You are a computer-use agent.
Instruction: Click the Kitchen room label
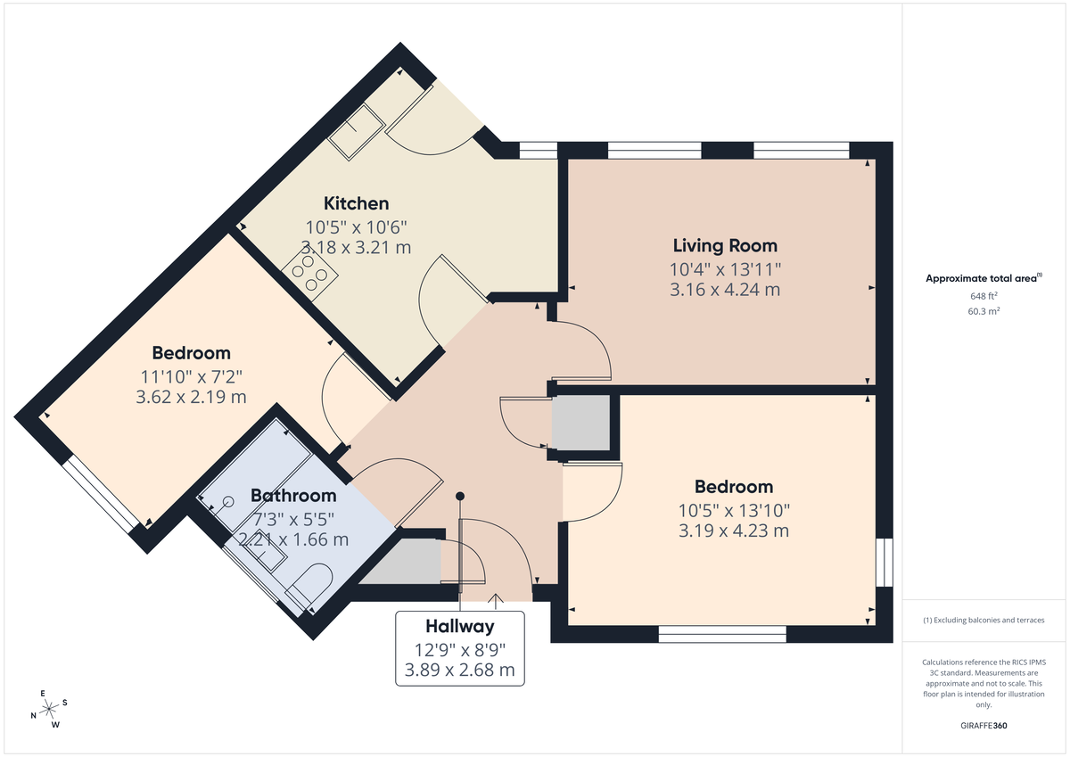(x=356, y=203)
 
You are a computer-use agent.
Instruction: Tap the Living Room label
(x=725, y=245)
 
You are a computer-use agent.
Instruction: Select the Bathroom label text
(x=293, y=496)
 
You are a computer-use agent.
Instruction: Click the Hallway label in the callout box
(x=459, y=626)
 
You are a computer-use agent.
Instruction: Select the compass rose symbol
(x=50, y=709)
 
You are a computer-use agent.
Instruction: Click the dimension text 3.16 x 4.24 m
(x=725, y=289)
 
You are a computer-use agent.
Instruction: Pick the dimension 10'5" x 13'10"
(x=734, y=510)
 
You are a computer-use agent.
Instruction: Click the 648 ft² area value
(x=984, y=295)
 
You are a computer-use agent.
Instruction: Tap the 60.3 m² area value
(x=984, y=311)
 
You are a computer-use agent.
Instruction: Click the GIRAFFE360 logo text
(x=984, y=726)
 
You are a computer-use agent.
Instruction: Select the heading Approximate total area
(x=981, y=278)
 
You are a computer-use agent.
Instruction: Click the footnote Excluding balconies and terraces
(x=984, y=620)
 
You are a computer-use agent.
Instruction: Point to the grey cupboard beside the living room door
(x=580, y=424)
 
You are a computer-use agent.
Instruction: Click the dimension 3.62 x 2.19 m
(x=191, y=397)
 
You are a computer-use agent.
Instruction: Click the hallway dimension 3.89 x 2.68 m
(x=459, y=670)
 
